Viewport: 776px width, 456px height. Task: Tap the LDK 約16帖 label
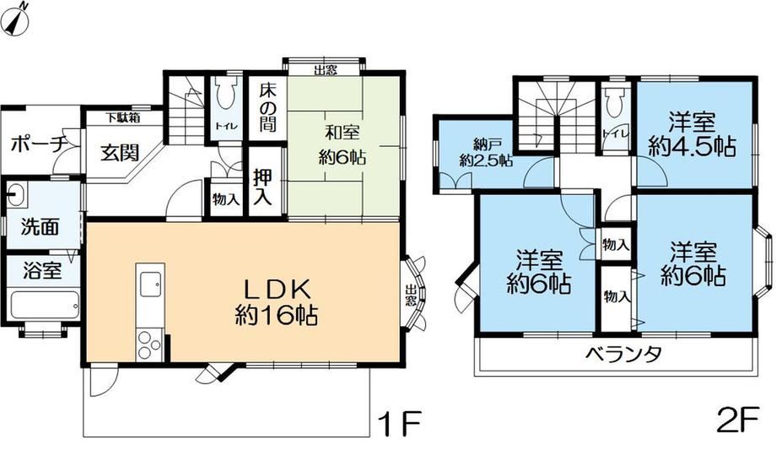coord(276,301)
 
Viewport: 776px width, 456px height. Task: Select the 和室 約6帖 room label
coord(342,145)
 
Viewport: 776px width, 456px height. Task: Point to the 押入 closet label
coord(262,187)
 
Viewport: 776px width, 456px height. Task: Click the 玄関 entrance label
coord(120,153)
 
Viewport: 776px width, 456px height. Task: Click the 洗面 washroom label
coord(40,226)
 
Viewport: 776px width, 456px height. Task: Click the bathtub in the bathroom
coord(45,307)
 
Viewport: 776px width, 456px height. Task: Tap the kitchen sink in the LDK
coord(150,285)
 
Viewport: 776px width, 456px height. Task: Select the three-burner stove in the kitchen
coord(150,345)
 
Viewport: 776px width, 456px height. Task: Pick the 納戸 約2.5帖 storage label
coord(485,153)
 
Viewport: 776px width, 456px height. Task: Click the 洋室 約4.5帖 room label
coord(692,133)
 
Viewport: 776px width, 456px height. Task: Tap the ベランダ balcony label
coord(623,355)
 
